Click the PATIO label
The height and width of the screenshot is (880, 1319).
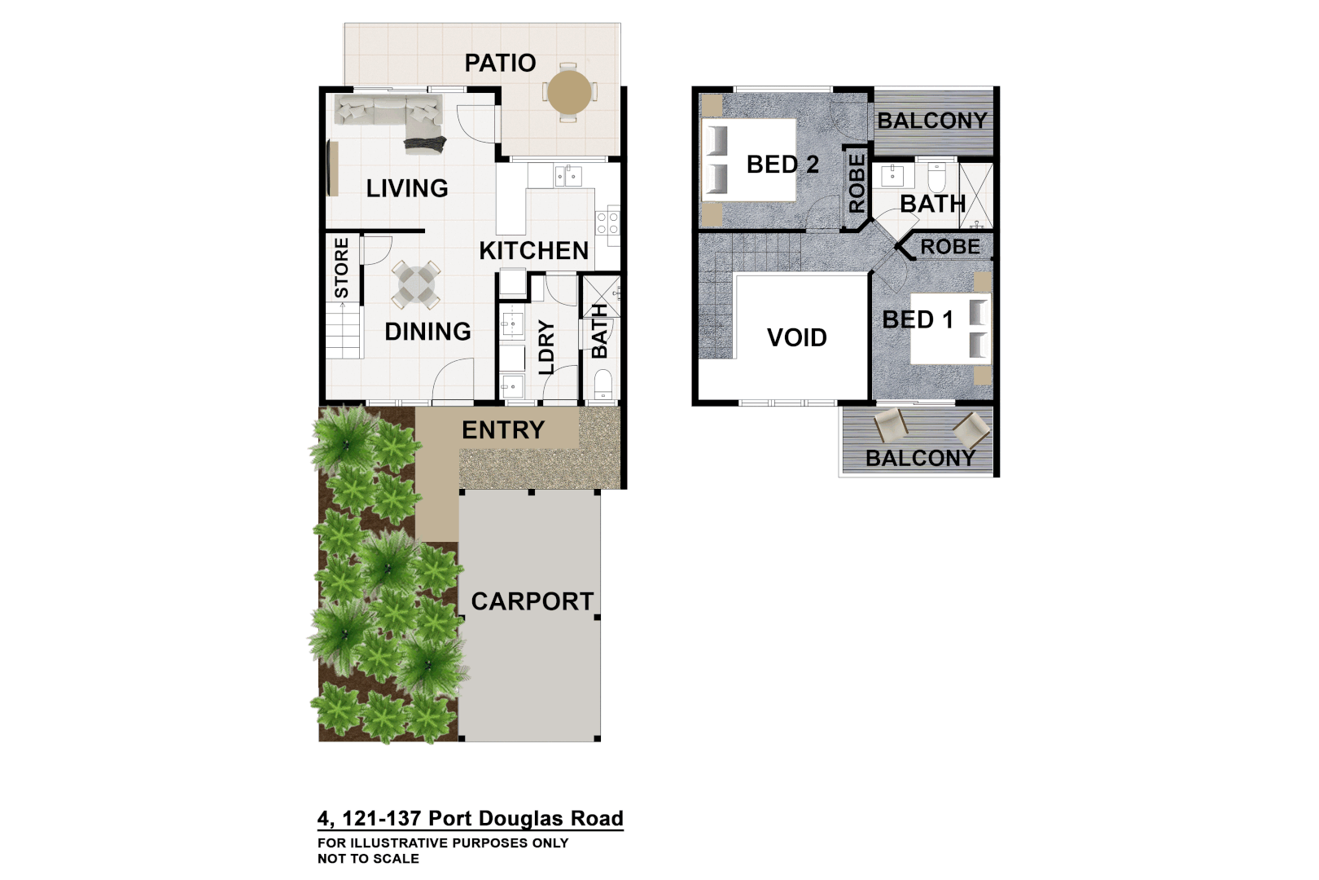tap(500, 63)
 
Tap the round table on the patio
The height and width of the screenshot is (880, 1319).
tap(569, 93)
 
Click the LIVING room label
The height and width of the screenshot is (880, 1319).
tap(407, 188)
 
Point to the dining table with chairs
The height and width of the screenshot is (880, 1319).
tap(416, 284)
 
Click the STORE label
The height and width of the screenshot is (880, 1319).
tap(342, 267)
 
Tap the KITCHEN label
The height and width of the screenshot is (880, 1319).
tap(533, 250)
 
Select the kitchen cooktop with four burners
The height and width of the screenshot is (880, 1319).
tap(607, 223)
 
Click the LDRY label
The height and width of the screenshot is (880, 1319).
tap(546, 347)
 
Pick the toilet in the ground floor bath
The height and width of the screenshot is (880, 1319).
tap(603, 385)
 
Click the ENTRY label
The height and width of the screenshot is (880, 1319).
tap(503, 429)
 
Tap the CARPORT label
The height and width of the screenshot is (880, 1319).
tap(532, 601)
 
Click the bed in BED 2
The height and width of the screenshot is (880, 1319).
tap(748, 160)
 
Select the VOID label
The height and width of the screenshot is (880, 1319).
tap(797, 337)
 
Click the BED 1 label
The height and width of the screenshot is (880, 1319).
tap(918, 319)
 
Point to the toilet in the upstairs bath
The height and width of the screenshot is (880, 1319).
tap(936, 176)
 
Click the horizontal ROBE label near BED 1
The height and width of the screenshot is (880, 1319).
tap(950, 246)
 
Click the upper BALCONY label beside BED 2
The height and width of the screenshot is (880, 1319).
tap(932, 121)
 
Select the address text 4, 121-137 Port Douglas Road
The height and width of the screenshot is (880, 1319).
tap(471, 818)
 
